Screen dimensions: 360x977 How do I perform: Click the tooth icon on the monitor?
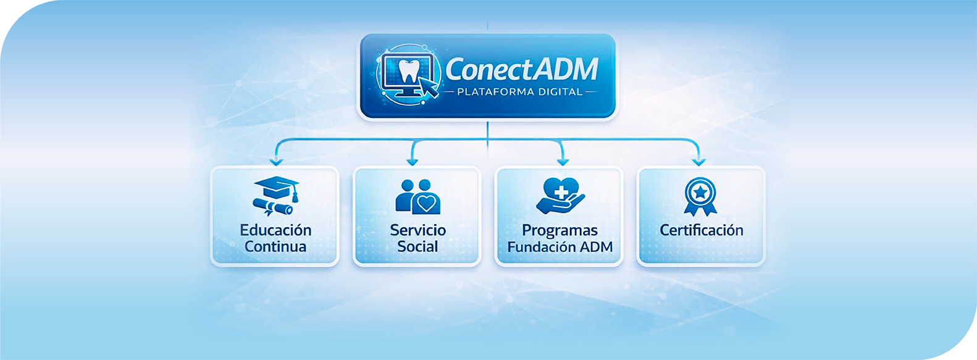(x=408, y=71)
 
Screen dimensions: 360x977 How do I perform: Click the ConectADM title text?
(x=522, y=69)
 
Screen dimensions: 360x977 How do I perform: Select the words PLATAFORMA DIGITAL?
(x=519, y=92)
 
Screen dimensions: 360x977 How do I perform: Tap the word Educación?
(x=275, y=230)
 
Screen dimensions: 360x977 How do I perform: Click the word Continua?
(x=275, y=247)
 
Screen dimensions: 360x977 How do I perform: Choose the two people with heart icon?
(x=417, y=196)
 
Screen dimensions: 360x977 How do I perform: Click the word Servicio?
(x=417, y=230)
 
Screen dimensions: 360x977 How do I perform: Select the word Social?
(x=417, y=247)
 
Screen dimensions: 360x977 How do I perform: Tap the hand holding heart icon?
(x=560, y=196)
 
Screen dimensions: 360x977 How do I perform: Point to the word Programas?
(x=560, y=230)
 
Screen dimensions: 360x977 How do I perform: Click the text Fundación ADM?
(x=560, y=247)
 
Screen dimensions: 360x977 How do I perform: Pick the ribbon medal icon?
(x=700, y=196)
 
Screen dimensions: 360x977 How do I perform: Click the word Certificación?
(x=702, y=230)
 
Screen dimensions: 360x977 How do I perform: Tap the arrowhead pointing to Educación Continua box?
(x=276, y=162)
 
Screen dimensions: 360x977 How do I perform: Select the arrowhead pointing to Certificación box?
(x=698, y=162)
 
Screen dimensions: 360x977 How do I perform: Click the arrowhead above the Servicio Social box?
(x=413, y=162)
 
